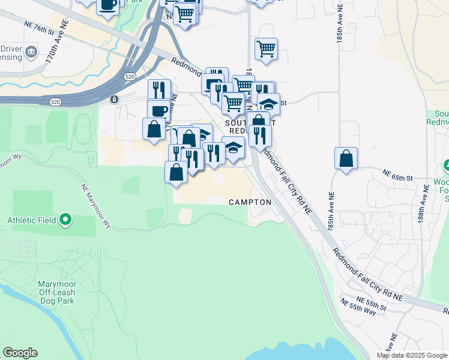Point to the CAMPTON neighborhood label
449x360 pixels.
(x=250, y=203)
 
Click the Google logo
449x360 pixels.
(x=20, y=353)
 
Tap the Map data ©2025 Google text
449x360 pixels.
(x=412, y=355)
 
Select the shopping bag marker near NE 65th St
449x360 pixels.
(x=346, y=159)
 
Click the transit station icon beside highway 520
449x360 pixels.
(x=113, y=99)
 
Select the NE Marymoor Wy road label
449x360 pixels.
(x=96, y=206)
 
